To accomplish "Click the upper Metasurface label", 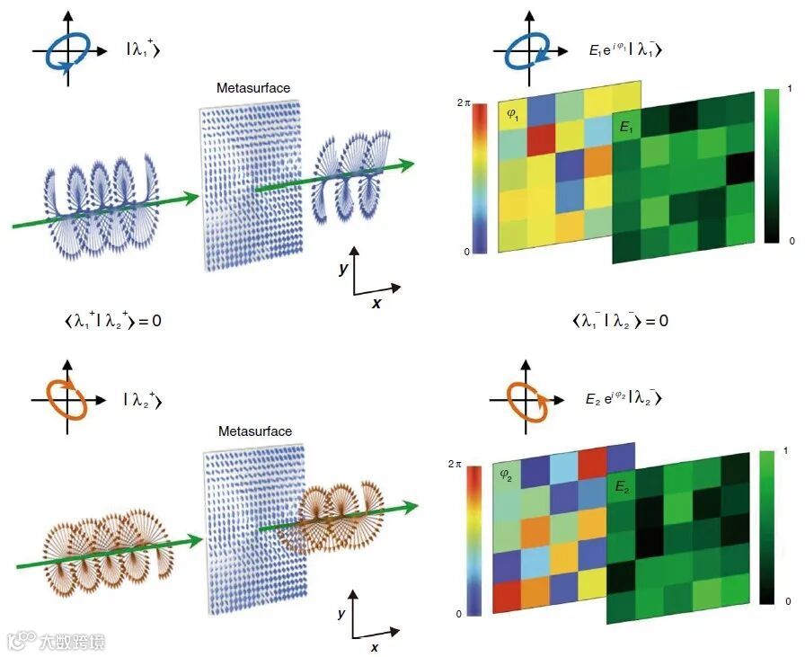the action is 253,88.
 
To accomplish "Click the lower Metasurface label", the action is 255,431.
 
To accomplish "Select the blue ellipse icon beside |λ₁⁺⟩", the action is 66,52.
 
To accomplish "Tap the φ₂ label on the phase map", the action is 509,474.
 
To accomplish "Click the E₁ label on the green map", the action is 626,128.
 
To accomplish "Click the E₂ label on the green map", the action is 623,487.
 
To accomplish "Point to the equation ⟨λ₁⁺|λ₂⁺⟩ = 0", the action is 108,320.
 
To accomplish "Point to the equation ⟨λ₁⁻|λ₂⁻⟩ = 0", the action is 620,320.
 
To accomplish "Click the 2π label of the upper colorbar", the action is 464,104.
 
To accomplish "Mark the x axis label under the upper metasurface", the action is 376,303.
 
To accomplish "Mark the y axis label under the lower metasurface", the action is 341,613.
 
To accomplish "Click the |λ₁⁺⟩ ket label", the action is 142,51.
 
